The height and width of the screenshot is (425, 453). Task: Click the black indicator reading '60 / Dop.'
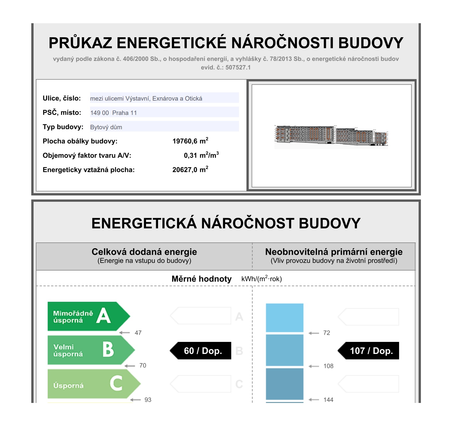click(x=202, y=351)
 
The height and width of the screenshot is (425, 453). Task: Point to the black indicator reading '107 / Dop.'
click(x=370, y=351)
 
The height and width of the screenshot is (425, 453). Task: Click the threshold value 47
click(x=138, y=333)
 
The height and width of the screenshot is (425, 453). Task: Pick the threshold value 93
click(x=148, y=400)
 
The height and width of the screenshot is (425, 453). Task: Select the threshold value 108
click(x=328, y=366)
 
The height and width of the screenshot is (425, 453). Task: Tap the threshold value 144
click(x=328, y=400)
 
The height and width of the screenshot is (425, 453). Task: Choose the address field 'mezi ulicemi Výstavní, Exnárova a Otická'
click(x=164, y=98)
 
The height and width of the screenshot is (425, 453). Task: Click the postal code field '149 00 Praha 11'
click(x=164, y=112)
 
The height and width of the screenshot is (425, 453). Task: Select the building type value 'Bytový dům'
click(x=164, y=127)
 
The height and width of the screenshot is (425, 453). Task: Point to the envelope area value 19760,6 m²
click(x=190, y=141)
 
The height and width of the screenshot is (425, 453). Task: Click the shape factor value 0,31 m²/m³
click(x=201, y=155)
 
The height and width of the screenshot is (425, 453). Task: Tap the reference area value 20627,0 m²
click(x=190, y=170)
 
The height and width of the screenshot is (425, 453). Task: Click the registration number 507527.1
click(x=238, y=68)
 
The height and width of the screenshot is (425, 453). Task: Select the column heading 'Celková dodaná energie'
click(x=144, y=252)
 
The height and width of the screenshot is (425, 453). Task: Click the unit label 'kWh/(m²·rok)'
click(x=261, y=279)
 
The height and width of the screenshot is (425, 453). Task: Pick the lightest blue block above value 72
click(x=284, y=318)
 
